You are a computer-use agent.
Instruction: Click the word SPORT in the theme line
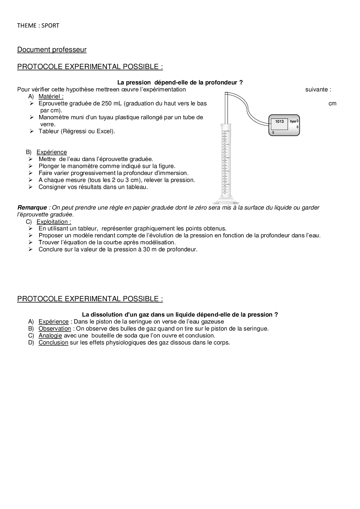point(50,26)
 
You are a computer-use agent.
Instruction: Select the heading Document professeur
point(52,50)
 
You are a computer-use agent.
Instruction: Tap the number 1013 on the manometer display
point(279,121)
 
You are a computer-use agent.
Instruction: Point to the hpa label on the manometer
point(293,121)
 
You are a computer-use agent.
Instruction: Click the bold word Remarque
point(32,207)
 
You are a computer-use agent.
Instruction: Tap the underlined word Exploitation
point(53,222)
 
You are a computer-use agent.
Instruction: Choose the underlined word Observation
point(55,328)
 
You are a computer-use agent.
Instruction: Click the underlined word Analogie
point(50,335)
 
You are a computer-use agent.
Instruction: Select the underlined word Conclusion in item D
point(53,342)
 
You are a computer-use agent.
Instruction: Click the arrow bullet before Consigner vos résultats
point(31,187)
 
